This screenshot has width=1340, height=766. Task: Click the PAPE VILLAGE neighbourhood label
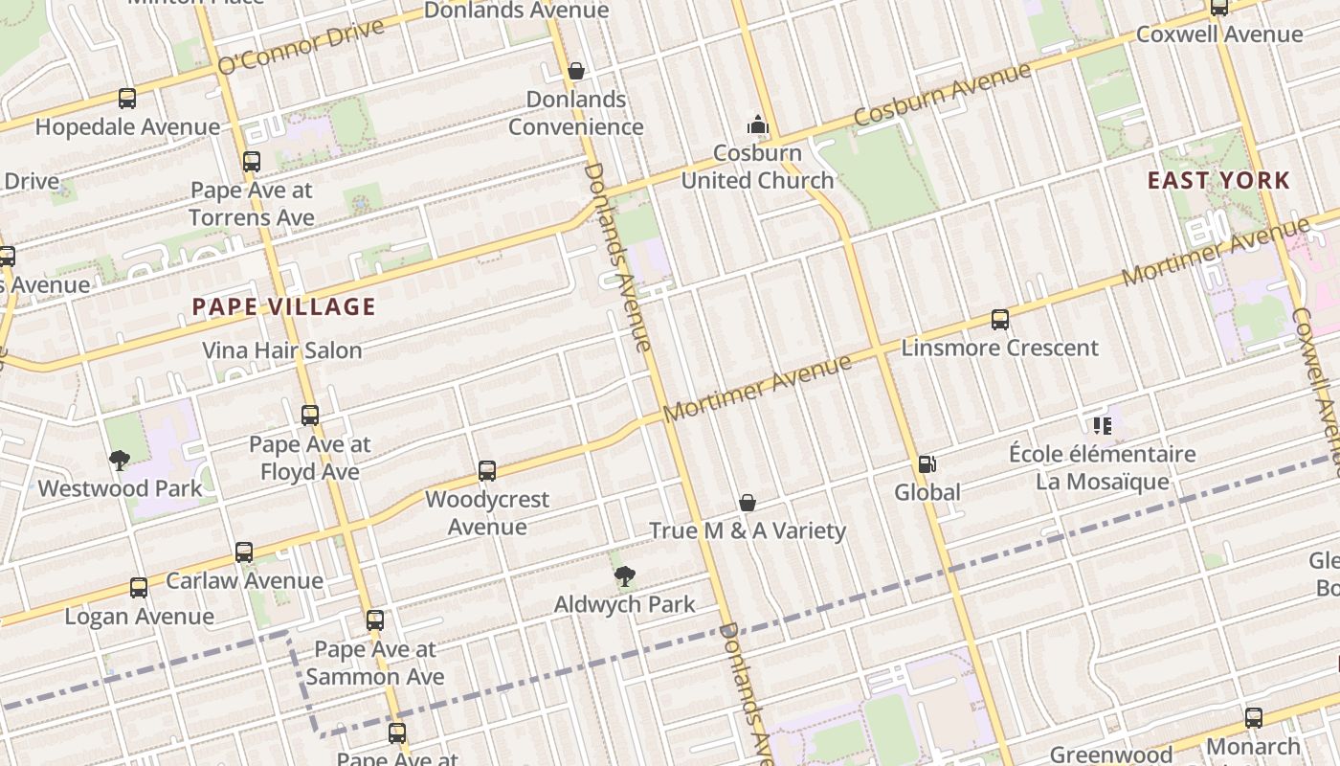[283, 307]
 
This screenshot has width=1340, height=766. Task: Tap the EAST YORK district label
[1218, 180]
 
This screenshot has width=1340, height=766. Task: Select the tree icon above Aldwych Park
[624, 576]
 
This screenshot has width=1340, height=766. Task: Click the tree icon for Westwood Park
[120, 461]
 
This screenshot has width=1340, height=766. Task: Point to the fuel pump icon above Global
[927, 464]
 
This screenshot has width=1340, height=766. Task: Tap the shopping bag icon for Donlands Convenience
[576, 71]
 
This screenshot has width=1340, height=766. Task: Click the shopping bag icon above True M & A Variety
[748, 503]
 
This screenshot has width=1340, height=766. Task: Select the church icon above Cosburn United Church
[758, 124]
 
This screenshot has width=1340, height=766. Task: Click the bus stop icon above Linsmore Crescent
[999, 320]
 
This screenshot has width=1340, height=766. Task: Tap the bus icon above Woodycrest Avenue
[487, 471]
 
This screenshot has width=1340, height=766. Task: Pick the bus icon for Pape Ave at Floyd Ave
[310, 416]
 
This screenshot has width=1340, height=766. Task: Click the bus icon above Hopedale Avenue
[127, 99]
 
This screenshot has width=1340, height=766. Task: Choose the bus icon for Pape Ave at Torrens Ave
[252, 162]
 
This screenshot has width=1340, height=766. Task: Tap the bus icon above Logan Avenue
[139, 588]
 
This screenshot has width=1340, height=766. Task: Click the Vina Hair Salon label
[281, 350]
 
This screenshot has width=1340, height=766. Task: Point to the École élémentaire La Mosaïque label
[1102, 467]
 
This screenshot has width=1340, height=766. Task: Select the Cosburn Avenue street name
[942, 94]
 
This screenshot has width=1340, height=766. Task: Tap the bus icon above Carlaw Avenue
[244, 552]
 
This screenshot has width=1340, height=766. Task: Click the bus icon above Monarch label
[1253, 717]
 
